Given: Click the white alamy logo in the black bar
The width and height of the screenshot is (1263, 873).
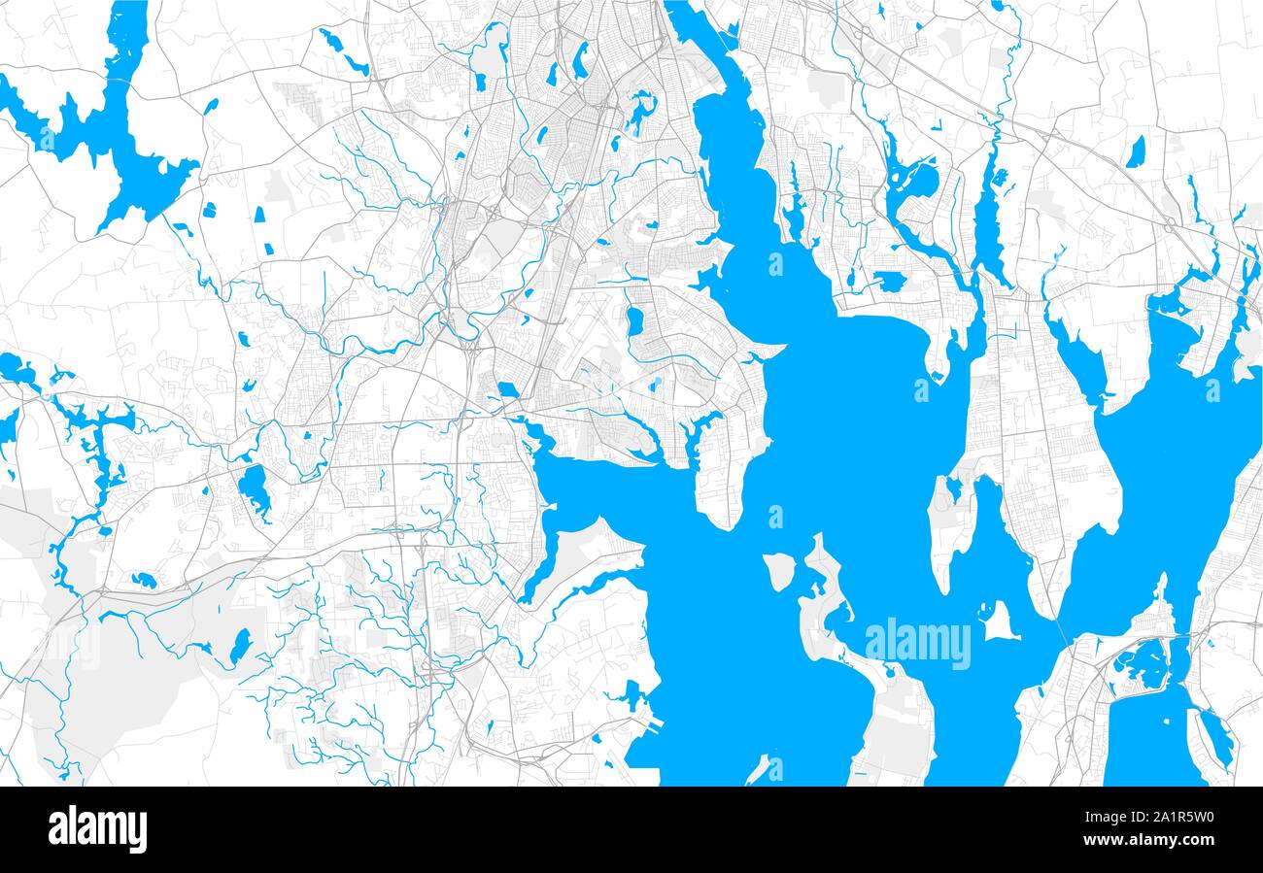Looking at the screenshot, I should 97,829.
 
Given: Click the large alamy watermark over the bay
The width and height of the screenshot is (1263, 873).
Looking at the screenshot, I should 917,644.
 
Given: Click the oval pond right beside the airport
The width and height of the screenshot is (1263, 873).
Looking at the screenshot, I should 634,320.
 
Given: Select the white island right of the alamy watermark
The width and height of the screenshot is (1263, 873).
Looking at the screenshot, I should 998,621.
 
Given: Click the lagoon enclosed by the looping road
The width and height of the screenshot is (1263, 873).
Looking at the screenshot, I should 1143,662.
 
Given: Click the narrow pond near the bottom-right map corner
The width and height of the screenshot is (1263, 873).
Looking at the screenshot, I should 1215,738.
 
